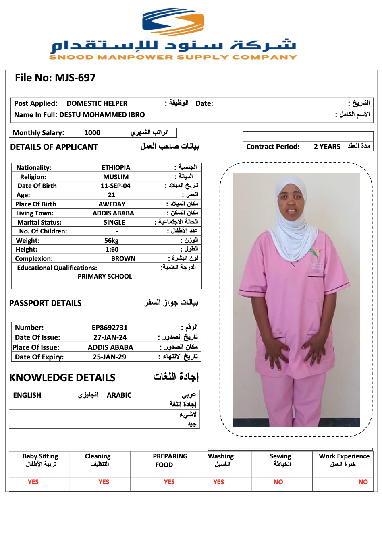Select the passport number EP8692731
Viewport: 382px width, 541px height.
click(x=110, y=328)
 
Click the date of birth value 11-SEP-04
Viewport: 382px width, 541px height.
click(x=116, y=186)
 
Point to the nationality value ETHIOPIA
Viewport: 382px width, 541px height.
click(x=116, y=168)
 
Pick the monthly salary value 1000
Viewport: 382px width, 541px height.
click(x=92, y=133)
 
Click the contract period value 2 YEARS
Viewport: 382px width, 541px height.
click(x=327, y=147)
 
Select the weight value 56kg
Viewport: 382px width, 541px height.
click(x=112, y=241)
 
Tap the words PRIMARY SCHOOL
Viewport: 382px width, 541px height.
click(x=105, y=277)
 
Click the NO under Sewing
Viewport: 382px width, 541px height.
click(x=278, y=482)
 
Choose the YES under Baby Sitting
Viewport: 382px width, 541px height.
click(x=33, y=482)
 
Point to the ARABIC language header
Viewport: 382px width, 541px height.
click(x=119, y=395)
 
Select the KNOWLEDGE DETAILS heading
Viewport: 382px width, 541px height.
click(x=62, y=378)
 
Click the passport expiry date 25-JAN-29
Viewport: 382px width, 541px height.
click(x=109, y=357)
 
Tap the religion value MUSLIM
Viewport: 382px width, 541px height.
click(x=116, y=177)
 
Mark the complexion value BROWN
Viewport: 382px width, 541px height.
click(x=123, y=259)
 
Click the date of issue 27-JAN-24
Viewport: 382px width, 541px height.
click(x=110, y=337)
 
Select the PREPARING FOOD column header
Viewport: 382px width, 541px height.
click(x=170, y=460)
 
